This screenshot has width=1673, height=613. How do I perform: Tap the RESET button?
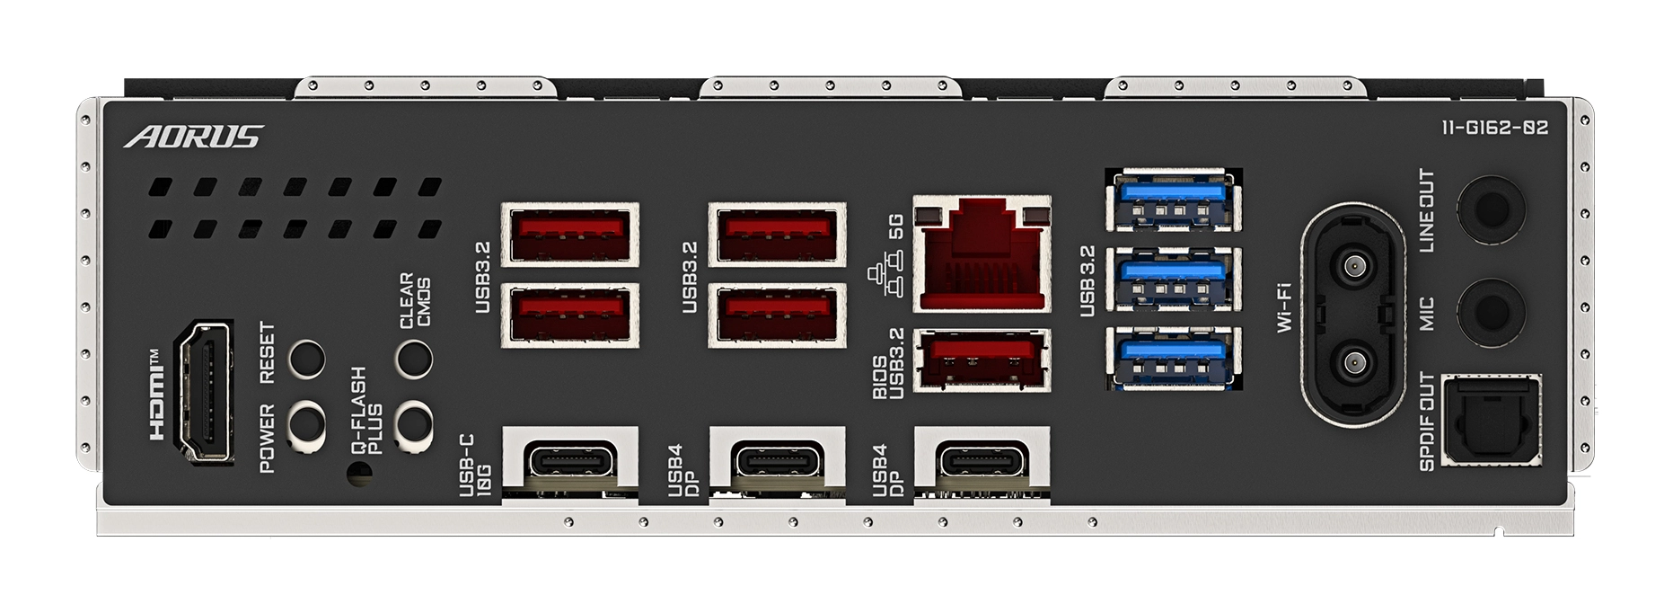[x=306, y=359]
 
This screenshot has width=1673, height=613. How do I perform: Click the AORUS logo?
[x=193, y=137]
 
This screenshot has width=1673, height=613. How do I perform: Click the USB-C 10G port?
[x=569, y=461]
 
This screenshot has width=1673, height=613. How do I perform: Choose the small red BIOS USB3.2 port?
[x=982, y=360]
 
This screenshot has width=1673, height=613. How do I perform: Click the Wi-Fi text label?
[x=1286, y=306]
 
